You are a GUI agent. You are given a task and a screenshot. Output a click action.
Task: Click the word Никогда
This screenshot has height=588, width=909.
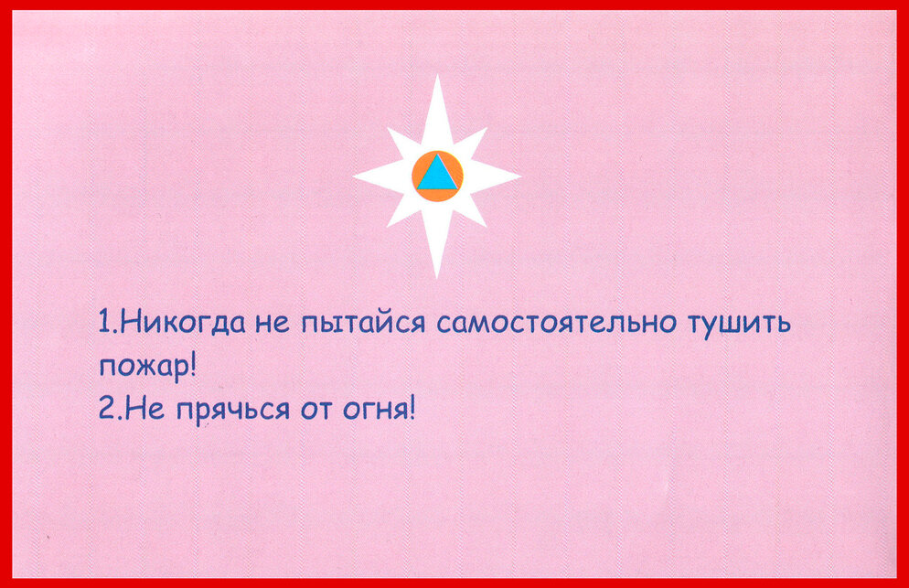coord(184,322)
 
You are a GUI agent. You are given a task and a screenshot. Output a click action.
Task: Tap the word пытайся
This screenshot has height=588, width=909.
coord(363,323)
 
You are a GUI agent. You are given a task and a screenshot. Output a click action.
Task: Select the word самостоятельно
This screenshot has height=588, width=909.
coord(556,323)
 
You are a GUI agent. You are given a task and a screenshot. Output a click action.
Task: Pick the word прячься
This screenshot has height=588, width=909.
coord(233,411)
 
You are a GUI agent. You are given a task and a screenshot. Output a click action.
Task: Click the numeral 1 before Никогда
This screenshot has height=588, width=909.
coord(105,322)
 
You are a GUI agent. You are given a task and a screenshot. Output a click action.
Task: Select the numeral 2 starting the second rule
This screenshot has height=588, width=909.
coord(106,408)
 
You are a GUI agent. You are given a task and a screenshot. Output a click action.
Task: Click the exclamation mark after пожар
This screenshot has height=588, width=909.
coord(192,365)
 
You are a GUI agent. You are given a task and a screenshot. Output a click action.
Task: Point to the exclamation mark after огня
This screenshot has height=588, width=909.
coord(412,408)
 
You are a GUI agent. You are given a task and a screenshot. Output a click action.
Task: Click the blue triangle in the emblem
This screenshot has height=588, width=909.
coord(438,175)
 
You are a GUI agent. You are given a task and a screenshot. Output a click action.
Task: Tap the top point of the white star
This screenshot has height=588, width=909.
coord(438,75)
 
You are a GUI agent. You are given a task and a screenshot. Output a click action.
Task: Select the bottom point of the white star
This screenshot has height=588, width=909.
coord(437,278)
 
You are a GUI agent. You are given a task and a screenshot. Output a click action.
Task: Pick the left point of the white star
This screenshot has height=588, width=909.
coord(354,176)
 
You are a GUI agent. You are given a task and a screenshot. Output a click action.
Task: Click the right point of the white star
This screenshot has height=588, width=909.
coord(520,176)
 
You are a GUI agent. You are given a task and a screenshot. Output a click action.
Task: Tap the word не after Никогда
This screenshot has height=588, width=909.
coord(272,324)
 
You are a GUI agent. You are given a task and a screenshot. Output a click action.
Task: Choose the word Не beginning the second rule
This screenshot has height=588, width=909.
coord(144,408)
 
